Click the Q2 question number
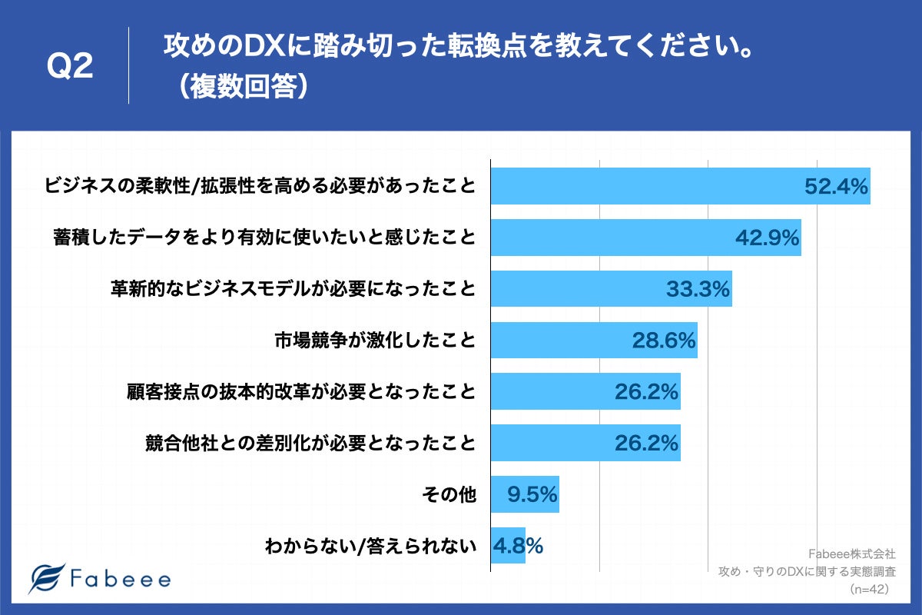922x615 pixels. (70, 68)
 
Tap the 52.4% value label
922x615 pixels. (836, 186)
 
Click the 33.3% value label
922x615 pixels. (697, 289)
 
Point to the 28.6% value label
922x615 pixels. (664, 340)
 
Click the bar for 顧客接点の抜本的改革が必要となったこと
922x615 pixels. (585, 391)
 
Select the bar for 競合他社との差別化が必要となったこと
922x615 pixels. (585, 443)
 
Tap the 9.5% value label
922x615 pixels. (532, 494)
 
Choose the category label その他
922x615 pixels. (449, 495)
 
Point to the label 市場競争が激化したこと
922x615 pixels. (375, 341)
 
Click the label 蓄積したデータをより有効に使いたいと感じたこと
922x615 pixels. (265, 238)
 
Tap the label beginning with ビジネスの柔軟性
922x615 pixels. (260, 186)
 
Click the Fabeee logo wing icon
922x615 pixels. (46, 578)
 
